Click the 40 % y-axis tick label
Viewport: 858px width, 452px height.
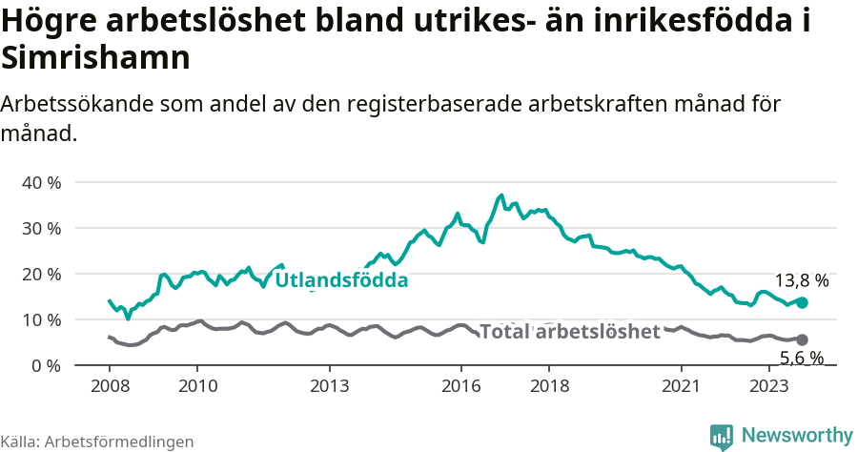click(x=41, y=182)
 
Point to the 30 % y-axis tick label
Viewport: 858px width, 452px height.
click(x=41, y=228)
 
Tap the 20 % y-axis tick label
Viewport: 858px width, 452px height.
click(x=41, y=274)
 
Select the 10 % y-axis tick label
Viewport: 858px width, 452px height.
click(x=41, y=319)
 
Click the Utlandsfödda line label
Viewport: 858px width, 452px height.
click(x=341, y=280)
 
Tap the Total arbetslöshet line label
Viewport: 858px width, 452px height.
click(x=569, y=332)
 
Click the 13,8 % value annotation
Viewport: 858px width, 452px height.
click(x=801, y=281)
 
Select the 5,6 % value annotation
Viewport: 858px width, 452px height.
click(x=801, y=359)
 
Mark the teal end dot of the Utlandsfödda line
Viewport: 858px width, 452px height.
click(x=802, y=302)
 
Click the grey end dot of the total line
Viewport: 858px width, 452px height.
click(x=802, y=339)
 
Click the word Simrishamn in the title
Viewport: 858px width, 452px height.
click(x=96, y=58)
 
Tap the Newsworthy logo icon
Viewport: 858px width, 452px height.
click(x=722, y=436)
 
